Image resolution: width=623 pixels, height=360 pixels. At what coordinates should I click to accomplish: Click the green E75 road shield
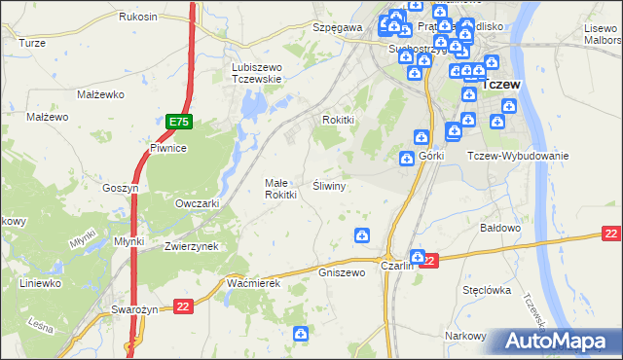pyautogui.click(x=178, y=122)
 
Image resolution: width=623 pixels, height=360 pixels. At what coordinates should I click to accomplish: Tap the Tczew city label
pyautogui.click(x=503, y=85)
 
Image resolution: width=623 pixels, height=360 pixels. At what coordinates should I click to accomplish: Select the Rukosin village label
pyautogui.click(x=137, y=18)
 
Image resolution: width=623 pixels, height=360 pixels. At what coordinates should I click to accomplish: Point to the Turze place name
pyautogui.click(x=32, y=43)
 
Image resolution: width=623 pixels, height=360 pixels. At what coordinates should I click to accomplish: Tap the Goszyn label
pyautogui.click(x=122, y=188)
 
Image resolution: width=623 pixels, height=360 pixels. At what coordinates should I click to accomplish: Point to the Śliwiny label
pyautogui.click(x=330, y=184)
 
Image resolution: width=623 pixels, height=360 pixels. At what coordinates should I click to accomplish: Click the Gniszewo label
pyautogui.click(x=342, y=272)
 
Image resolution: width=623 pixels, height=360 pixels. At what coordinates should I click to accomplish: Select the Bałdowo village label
pyautogui.click(x=502, y=228)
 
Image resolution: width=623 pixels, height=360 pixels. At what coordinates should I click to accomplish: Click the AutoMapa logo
pyautogui.click(x=559, y=341)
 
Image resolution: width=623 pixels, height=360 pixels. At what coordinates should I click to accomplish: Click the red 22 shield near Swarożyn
pyautogui.click(x=182, y=306)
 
